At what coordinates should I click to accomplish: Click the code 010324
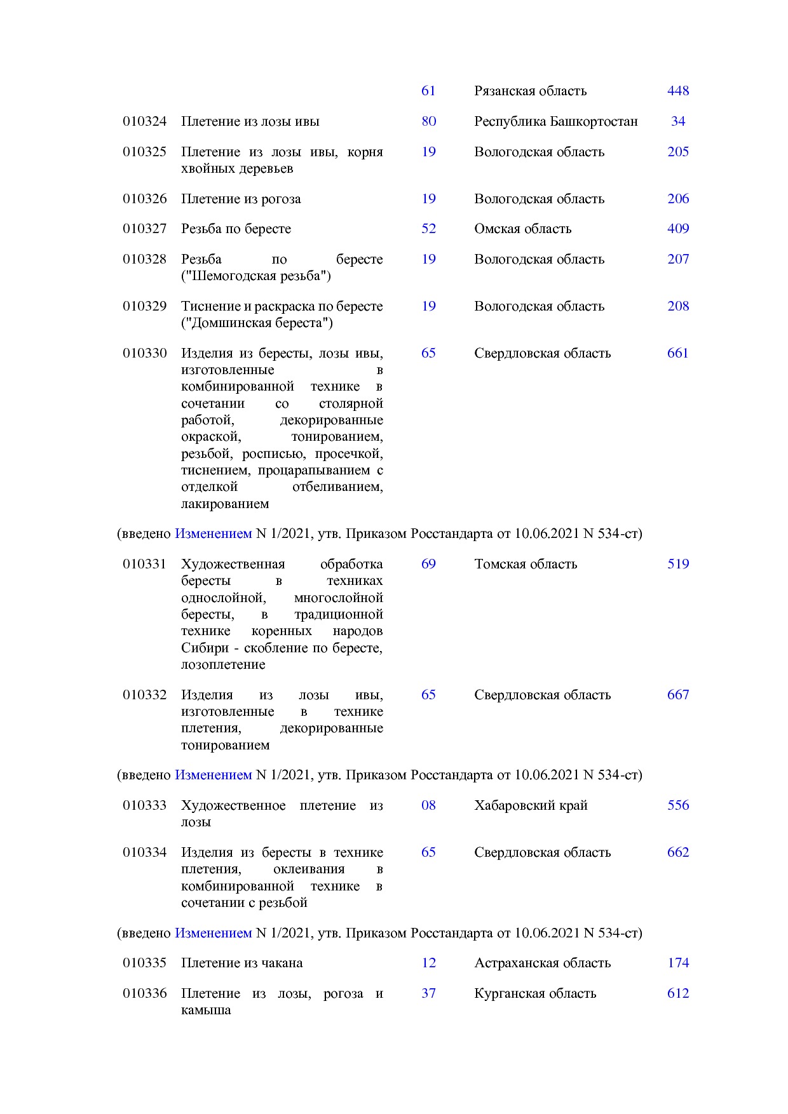tap(144, 121)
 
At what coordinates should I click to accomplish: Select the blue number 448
tap(677, 91)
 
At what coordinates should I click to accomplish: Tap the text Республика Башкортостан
tap(555, 121)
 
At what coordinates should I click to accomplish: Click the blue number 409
tap(677, 229)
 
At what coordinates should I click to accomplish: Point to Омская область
tap(522, 229)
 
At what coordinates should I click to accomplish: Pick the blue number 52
tap(428, 229)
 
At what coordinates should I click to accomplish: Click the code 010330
tap(144, 353)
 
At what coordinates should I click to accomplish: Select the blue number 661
tap(677, 353)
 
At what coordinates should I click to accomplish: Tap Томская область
tap(525, 564)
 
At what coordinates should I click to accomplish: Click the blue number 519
tap(677, 564)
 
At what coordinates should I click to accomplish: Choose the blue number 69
tap(428, 564)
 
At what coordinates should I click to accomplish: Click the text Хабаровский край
tap(531, 805)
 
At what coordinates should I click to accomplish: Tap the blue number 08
tap(428, 805)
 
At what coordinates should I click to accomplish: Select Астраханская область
tap(542, 963)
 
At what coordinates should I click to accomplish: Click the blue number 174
tap(677, 963)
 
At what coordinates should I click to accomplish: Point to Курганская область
tap(534, 993)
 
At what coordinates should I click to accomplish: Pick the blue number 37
tap(428, 993)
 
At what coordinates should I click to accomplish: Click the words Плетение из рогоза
tap(241, 199)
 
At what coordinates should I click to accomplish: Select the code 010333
tap(144, 805)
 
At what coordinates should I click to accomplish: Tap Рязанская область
tap(530, 91)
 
